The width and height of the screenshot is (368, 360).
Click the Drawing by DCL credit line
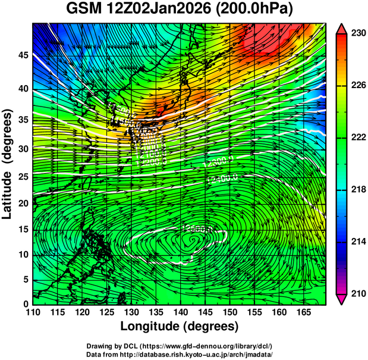tap(179, 346)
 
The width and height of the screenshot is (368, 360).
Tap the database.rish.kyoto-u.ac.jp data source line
tap(179, 354)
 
